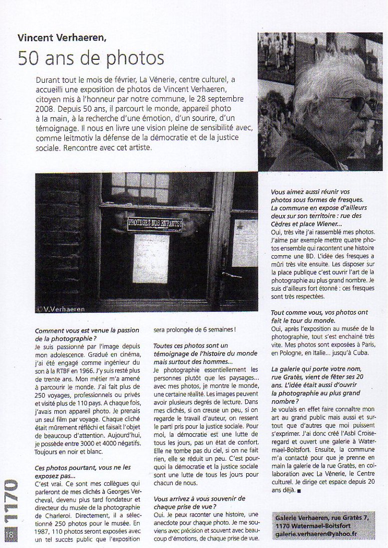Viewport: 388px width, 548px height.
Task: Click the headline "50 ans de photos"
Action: (91, 58)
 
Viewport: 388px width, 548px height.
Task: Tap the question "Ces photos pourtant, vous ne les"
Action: (83, 467)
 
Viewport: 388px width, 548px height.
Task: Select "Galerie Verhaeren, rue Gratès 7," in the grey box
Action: (320, 518)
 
